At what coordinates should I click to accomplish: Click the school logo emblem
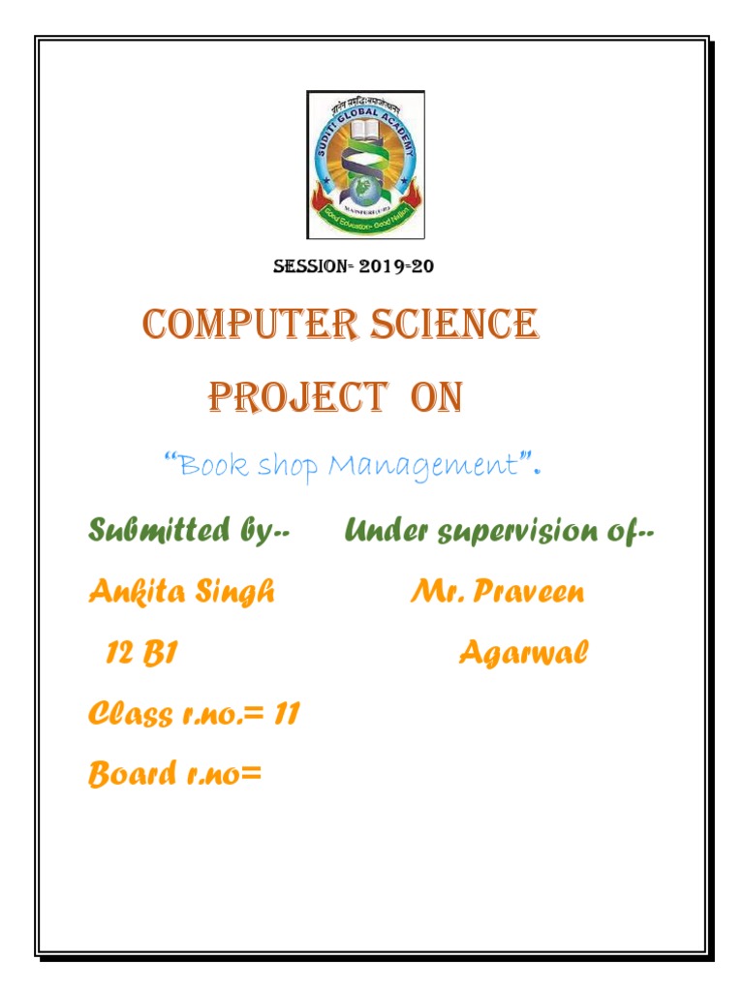coord(365,165)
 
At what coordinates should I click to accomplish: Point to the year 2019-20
coord(397,266)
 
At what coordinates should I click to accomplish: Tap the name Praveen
coord(528,592)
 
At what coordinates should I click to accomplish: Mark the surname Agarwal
coord(523,654)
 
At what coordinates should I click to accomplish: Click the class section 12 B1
coord(141,654)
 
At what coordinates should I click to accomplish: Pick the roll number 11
coord(286,715)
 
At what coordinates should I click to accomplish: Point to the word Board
coord(127,775)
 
